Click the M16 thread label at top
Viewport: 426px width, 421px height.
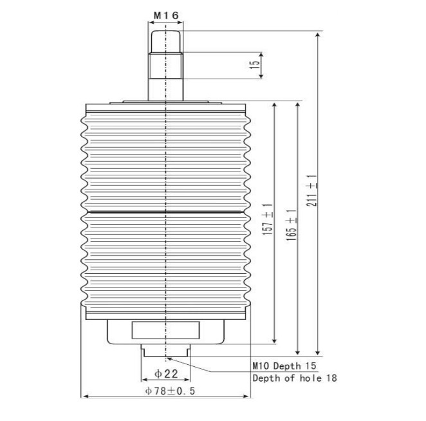click(x=166, y=15)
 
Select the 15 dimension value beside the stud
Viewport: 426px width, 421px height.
click(x=255, y=64)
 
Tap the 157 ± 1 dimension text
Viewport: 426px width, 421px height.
click(x=267, y=219)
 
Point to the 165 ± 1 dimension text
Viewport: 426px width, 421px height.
click(x=292, y=225)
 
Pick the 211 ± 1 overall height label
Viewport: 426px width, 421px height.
click(x=312, y=190)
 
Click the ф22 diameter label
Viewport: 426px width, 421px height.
click(x=166, y=374)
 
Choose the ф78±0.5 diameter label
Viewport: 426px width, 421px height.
click(x=170, y=391)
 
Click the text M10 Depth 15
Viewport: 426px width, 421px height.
click(x=284, y=366)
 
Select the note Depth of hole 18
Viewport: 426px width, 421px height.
click(x=295, y=378)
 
